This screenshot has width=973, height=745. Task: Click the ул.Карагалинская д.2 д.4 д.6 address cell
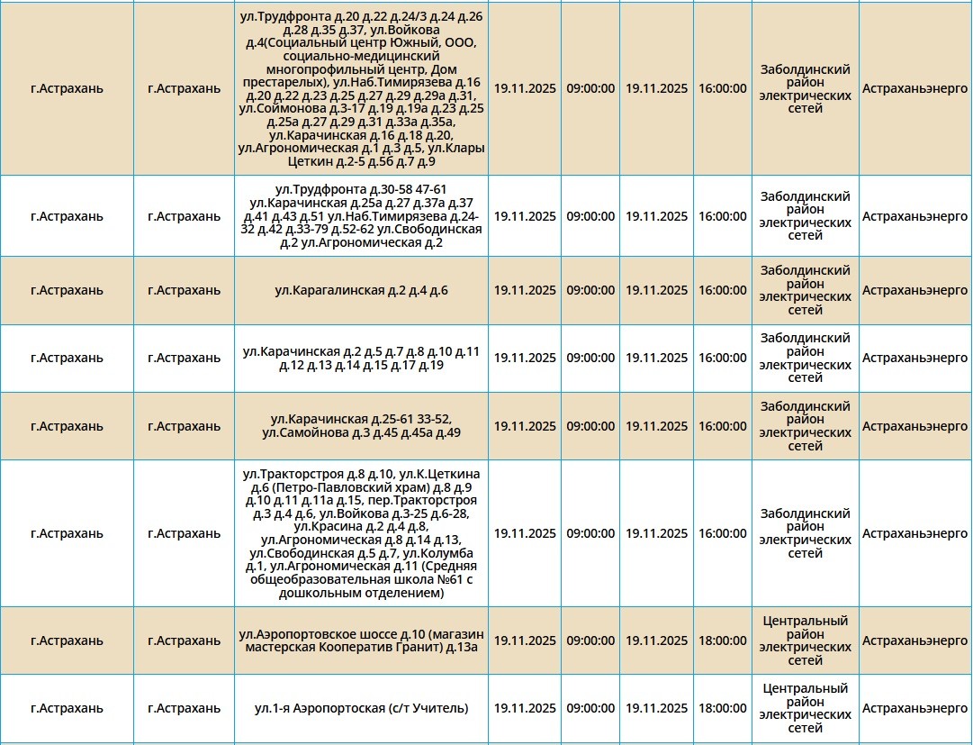click(x=361, y=290)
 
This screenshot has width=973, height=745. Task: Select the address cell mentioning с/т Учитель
click(x=361, y=708)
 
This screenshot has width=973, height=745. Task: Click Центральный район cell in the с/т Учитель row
click(x=805, y=708)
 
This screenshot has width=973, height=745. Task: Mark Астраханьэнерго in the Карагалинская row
click(x=914, y=290)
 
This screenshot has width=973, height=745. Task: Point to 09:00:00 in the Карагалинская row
click(x=590, y=290)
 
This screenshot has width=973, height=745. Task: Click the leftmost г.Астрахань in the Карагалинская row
click(x=67, y=290)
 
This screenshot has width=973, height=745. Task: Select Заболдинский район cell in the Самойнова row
click(x=805, y=426)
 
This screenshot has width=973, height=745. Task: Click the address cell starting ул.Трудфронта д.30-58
click(x=361, y=216)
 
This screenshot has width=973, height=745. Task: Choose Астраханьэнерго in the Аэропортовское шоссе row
click(x=914, y=641)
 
